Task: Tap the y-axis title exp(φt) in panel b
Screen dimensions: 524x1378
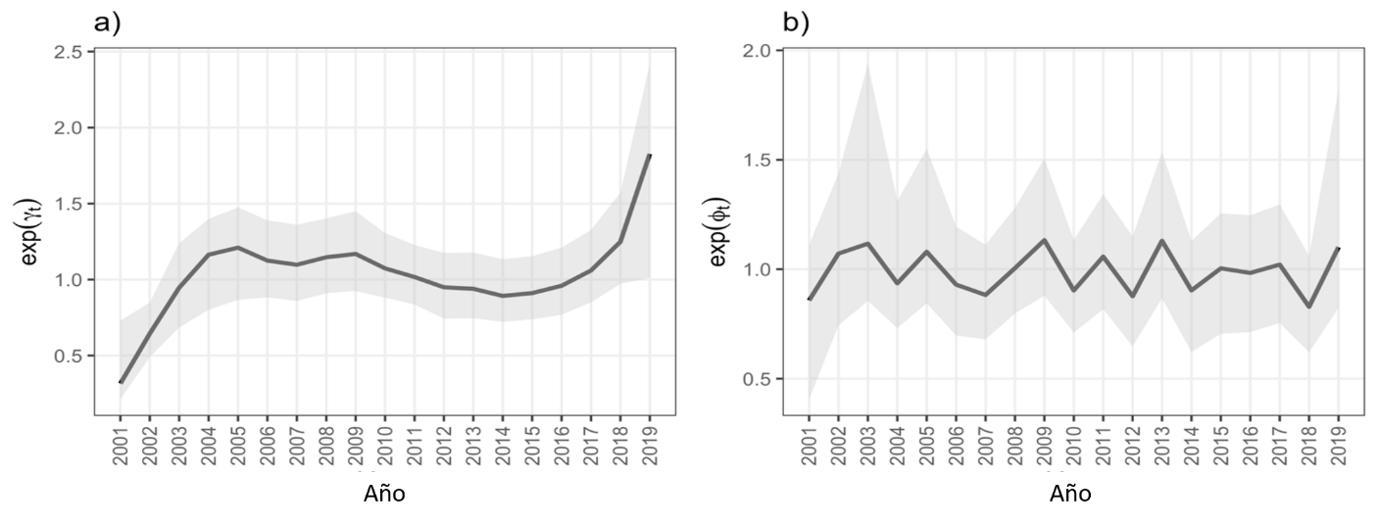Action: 719,231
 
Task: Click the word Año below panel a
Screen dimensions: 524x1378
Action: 384,494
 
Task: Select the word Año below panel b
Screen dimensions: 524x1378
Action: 1070,494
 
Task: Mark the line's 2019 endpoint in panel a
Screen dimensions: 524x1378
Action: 650,155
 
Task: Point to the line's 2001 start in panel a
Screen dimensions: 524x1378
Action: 120,383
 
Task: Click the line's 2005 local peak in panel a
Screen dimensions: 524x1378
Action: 237,247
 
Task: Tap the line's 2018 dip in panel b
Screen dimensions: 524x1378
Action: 1308,307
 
